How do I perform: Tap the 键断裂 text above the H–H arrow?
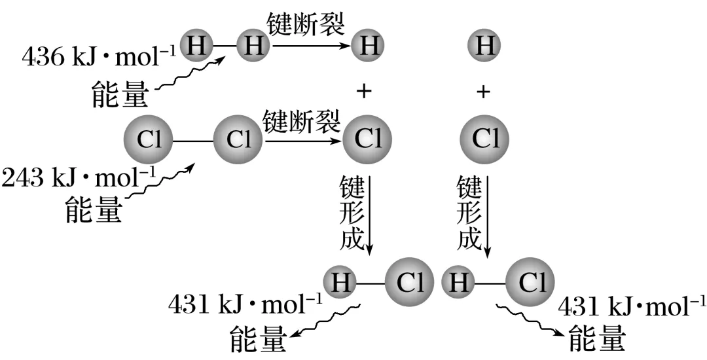coord(306,25)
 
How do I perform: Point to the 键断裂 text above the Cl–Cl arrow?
coord(302,120)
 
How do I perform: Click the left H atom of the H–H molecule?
coord(196,46)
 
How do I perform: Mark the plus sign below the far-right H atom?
coord(483,92)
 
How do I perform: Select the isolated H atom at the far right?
coord(484,46)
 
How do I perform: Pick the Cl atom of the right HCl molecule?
coord(531,282)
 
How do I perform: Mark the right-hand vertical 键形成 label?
coord(469,213)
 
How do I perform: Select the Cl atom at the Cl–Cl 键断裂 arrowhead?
coord(367,139)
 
